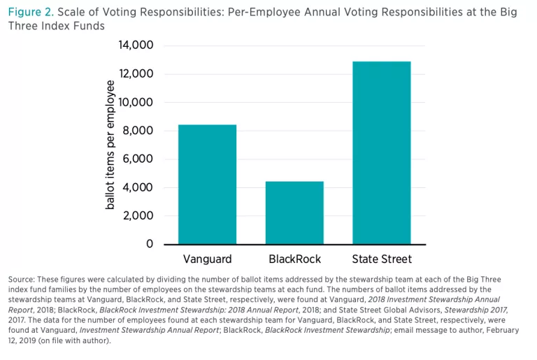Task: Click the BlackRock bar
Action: pos(294,213)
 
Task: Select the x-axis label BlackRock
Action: pos(294,259)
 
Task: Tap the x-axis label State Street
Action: pos(382,259)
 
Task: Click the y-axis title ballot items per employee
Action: pos(110,145)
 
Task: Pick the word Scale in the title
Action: pos(73,13)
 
